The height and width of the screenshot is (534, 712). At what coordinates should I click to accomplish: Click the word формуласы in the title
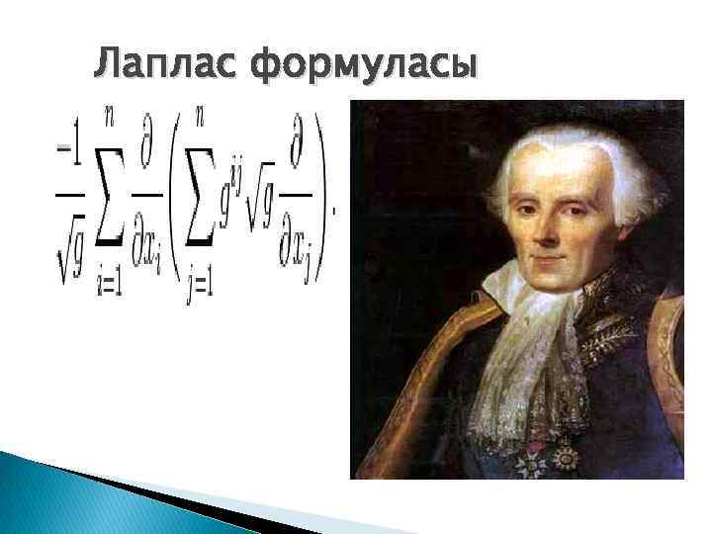point(363,66)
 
